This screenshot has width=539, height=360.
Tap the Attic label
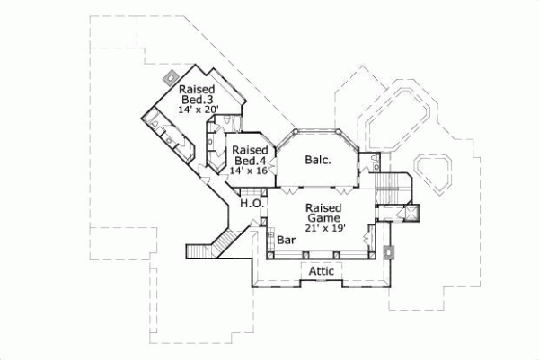pyautogui.click(x=323, y=270)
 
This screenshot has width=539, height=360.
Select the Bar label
pyautogui.click(x=287, y=241)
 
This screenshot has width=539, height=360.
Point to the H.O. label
pyautogui.click(x=251, y=205)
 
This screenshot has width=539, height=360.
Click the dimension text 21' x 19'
pyautogui.click(x=324, y=227)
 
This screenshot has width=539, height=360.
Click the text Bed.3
pyautogui.click(x=199, y=100)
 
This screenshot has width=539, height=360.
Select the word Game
pyautogui.click(x=324, y=217)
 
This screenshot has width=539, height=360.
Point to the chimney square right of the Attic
pyautogui.click(x=388, y=253)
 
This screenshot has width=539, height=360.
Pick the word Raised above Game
pyautogui.click(x=324, y=206)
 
